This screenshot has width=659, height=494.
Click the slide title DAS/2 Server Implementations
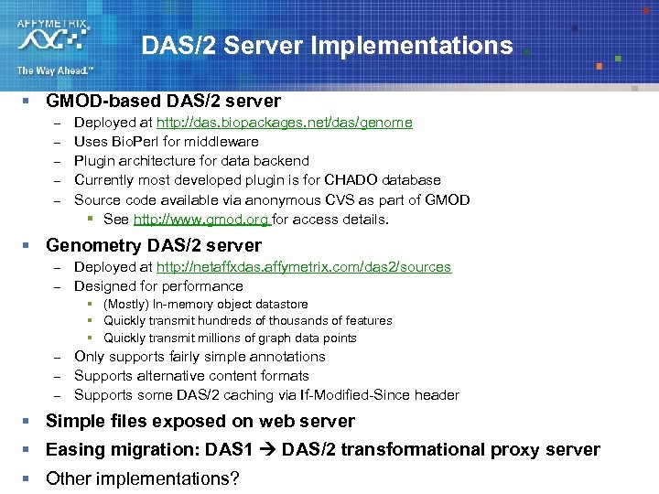pos(327,46)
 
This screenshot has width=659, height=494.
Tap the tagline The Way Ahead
pos(54,70)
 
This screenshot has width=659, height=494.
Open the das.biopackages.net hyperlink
pos(284,123)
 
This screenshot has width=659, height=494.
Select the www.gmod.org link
pos(200,220)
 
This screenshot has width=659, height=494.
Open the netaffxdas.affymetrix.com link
pos(303,267)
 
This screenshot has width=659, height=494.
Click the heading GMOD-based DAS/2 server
pos(163,101)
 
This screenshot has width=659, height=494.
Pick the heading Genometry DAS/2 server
pos(153,245)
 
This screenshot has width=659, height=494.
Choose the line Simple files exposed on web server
pos(200,422)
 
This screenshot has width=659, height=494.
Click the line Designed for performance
pos(158,286)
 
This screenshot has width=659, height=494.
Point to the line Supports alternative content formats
pos(191,376)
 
